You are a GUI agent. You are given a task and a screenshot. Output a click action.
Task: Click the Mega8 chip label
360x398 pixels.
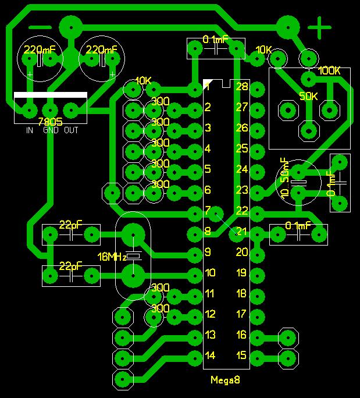pyautogui.click(x=225, y=380)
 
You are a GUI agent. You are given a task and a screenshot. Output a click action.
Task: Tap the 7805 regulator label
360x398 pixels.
pyautogui.click(x=50, y=122)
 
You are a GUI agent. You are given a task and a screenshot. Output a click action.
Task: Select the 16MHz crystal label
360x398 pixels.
pyautogui.click(x=112, y=257)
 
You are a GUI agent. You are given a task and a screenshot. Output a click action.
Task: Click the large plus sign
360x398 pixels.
pyautogui.click(x=319, y=27)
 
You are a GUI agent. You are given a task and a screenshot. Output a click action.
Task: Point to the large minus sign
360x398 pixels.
pyautogui.click(x=40, y=27)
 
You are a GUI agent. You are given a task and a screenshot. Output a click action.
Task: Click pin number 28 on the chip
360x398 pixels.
pyautogui.click(x=242, y=87)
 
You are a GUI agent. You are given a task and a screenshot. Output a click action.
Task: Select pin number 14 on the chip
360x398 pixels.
pyautogui.click(x=210, y=356)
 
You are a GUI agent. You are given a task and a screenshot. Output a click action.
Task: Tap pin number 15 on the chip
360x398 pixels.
pyautogui.click(x=242, y=356)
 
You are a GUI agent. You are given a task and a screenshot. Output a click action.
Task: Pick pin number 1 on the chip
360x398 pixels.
pyautogui.click(x=208, y=87)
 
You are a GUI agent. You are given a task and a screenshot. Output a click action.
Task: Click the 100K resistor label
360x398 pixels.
pyautogui.click(x=329, y=71)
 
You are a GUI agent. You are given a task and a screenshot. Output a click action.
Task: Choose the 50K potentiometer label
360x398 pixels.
pyautogui.click(x=309, y=96)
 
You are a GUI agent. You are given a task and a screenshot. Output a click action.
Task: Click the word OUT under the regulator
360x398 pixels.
pyautogui.click(x=71, y=130)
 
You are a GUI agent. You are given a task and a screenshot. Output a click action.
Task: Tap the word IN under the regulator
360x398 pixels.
pyautogui.click(x=29, y=130)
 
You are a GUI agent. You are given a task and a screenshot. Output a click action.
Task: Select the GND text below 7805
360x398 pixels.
pyautogui.click(x=50, y=130)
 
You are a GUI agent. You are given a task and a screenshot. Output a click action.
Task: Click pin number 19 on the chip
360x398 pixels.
pyautogui.click(x=242, y=273)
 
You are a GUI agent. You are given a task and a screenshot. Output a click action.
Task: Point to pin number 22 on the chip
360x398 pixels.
pyautogui.click(x=242, y=211)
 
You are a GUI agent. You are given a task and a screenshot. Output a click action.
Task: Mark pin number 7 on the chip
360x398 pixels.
pyautogui.click(x=208, y=211)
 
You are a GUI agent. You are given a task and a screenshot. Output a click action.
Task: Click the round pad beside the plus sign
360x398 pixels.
pyautogui.click(x=288, y=26)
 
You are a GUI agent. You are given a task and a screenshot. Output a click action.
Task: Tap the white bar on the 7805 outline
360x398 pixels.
pyautogui.click(x=51, y=95)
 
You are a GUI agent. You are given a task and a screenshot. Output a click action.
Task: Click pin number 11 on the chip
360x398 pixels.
pyautogui.click(x=210, y=293)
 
